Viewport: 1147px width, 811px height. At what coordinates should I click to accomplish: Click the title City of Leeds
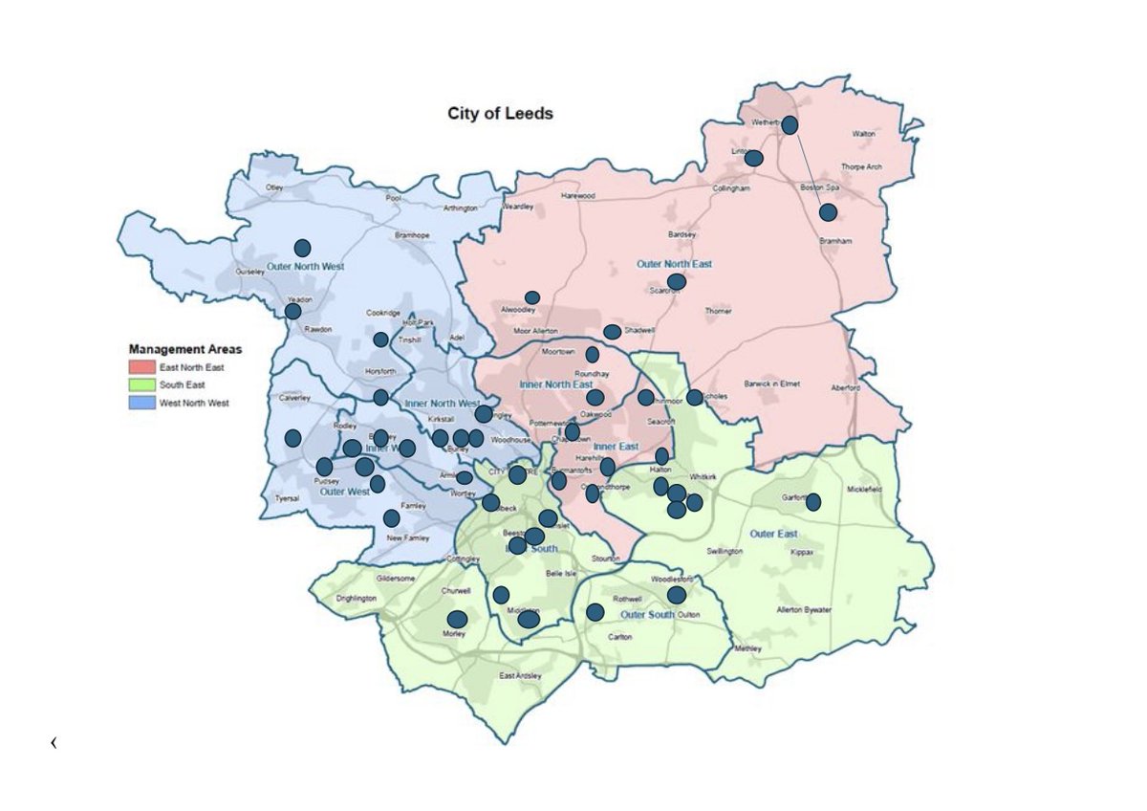(x=500, y=113)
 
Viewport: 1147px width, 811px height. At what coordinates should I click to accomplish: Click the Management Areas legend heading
(x=184, y=349)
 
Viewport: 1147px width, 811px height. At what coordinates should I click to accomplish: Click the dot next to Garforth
(x=813, y=501)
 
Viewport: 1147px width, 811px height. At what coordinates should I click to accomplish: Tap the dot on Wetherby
(x=790, y=125)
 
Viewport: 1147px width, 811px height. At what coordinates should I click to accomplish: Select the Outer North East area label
(x=674, y=263)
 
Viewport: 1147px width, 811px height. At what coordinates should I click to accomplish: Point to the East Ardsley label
(x=520, y=676)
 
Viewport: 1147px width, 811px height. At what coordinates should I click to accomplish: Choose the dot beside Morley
(x=457, y=619)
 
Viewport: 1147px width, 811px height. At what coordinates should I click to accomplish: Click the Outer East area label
(x=773, y=534)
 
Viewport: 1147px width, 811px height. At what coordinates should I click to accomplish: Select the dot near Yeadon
(x=293, y=311)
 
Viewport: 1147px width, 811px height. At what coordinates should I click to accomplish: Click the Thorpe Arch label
(x=861, y=166)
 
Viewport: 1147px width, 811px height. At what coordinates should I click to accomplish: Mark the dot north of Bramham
(x=828, y=212)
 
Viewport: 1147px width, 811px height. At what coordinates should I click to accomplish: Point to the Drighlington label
(x=358, y=599)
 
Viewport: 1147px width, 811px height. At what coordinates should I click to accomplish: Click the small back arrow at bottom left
(x=54, y=742)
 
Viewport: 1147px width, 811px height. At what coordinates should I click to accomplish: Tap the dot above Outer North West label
(x=302, y=248)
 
